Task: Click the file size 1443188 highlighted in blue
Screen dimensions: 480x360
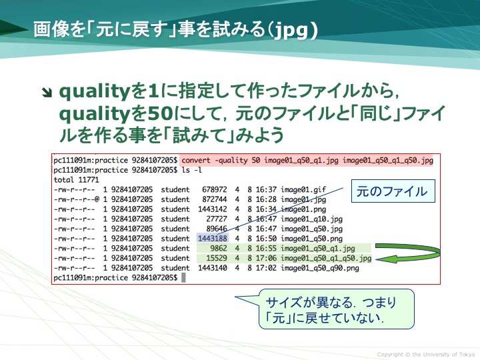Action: (213, 239)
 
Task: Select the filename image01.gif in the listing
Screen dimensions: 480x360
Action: (303, 190)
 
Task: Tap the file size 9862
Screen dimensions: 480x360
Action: (218, 248)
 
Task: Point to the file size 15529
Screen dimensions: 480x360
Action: (217, 258)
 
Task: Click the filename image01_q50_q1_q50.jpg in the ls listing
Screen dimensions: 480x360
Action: (326, 259)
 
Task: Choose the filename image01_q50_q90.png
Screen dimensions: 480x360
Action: (320, 268)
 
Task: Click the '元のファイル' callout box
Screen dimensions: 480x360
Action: (393, 191)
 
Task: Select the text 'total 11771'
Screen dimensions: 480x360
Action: (76, 180)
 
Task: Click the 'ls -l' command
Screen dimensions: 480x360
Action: (191, 170)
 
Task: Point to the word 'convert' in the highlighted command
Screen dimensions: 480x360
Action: (196, 160)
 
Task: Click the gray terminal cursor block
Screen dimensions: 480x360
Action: (184, 277)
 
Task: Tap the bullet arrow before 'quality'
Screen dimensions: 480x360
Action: (47, 93)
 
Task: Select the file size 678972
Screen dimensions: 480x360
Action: (214, 190)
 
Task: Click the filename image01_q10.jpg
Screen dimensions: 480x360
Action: (311, 219)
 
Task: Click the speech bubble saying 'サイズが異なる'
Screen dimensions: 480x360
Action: (336, 309)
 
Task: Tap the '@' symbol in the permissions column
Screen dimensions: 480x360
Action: (97, 199)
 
